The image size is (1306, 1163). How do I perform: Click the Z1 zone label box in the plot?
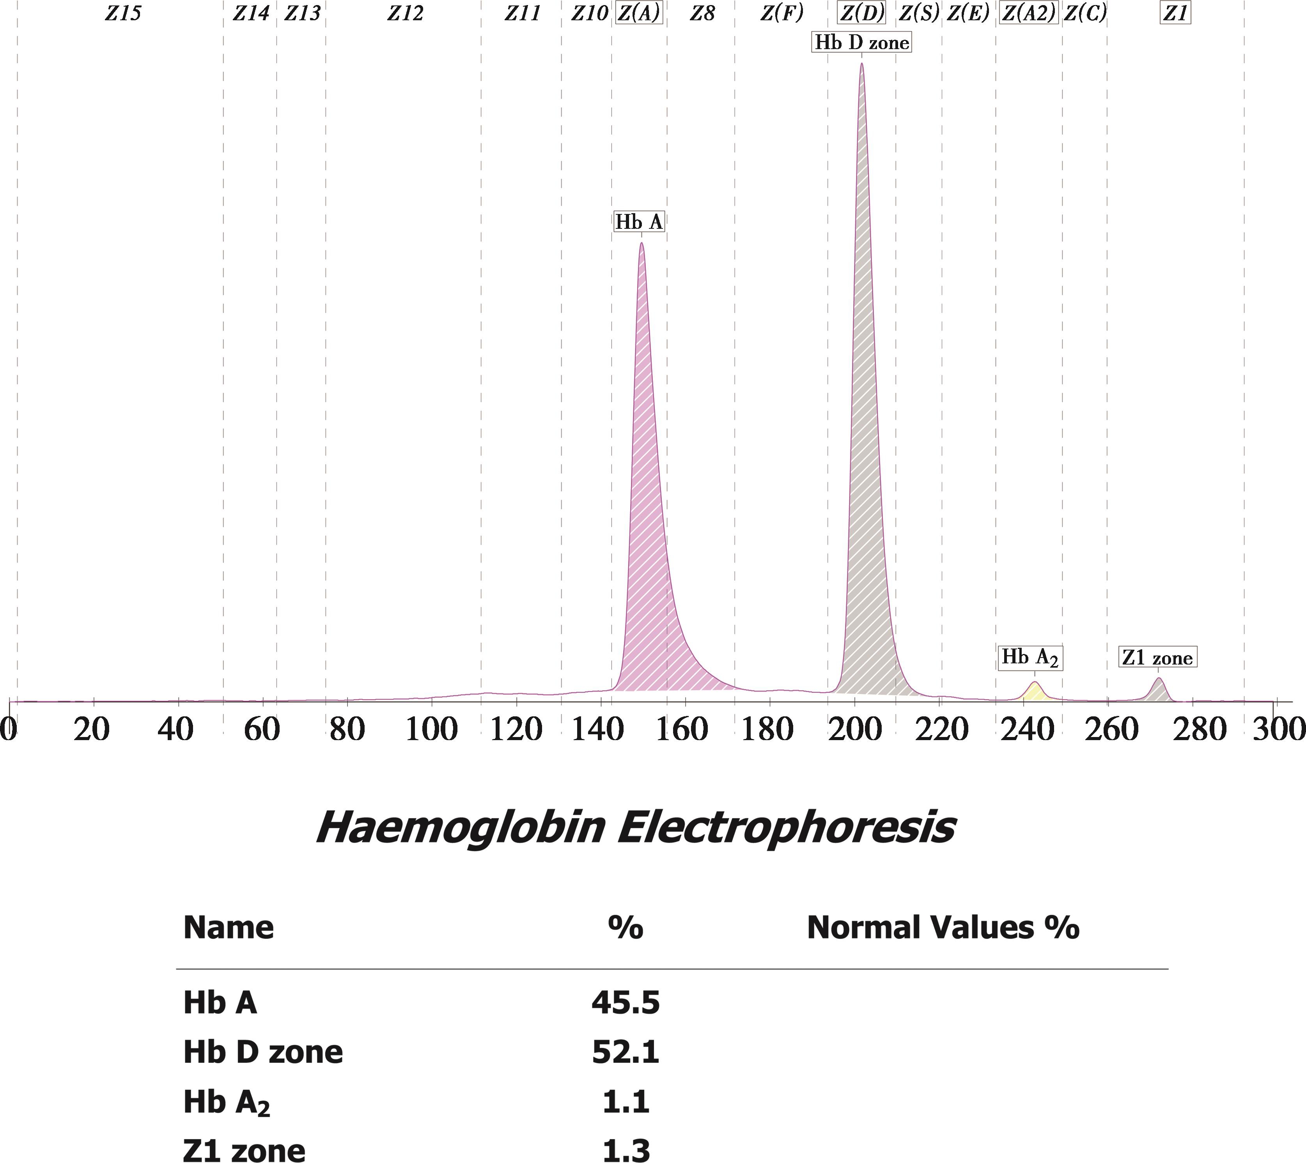[x=1157, y=658]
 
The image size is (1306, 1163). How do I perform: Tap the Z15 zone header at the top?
[x=123, y=13]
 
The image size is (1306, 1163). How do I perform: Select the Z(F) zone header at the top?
[x=781, y=13]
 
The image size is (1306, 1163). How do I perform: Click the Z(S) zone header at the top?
[x=919, y=13]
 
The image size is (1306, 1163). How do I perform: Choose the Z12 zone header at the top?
[x=405, y=13]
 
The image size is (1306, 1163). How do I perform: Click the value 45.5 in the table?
[x=625, y=1002]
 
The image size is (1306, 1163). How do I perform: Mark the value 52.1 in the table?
[x=625, y=1052]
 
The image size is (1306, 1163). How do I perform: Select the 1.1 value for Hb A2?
[x=625, y=1102]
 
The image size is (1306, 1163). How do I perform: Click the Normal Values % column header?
[x=943, y=927]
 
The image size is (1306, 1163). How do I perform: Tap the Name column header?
[x=228, y=927]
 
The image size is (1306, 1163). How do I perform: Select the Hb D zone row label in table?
[x=263, y=1052]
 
